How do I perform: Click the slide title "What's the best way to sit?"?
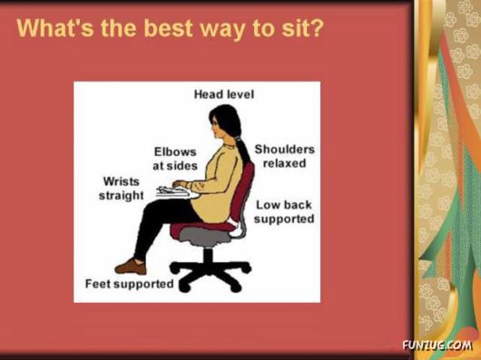click(170, 28)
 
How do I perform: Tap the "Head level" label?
click(223, 94)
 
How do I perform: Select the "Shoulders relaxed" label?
click(284, 156)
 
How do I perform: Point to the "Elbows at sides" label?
click(174, 160)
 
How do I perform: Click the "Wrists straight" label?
click(121, 189)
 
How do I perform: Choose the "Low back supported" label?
click(284, 212)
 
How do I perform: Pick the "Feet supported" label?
click(129, 284)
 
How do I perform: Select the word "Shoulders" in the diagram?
click(284, 149)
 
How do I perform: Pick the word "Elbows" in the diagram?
click(174, 152)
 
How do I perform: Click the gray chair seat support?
click(207, 236)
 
